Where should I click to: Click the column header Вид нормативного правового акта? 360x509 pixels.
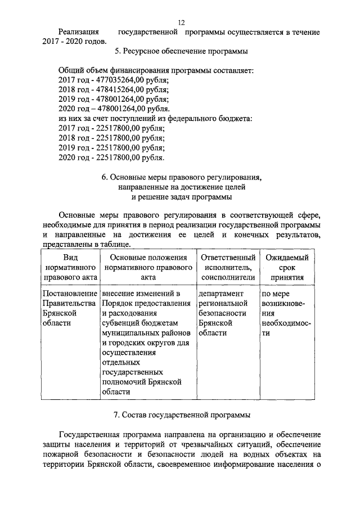[x=70, y=267]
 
